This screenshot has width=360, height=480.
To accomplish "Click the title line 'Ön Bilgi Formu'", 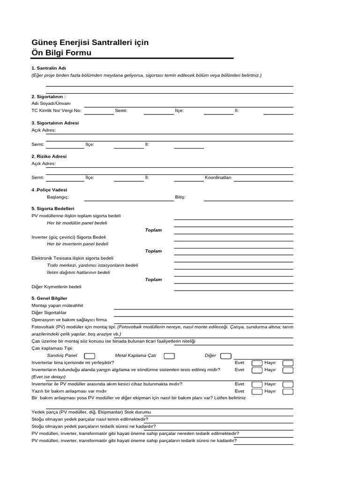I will [x=61, y=53].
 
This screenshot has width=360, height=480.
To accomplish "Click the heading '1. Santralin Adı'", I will [x=48, y=68].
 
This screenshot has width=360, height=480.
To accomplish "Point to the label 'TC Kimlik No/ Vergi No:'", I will [x=56, y=111].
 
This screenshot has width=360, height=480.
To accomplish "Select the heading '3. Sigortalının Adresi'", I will [x=55, y=123].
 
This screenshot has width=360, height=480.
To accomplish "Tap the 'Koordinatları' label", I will [x=218, y=178].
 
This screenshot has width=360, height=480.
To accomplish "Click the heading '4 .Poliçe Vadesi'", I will [x=49, y=190].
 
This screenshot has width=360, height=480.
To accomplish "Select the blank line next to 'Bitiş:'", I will [x=248, y=197].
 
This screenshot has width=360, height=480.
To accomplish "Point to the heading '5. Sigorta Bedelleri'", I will [x=53, y=208].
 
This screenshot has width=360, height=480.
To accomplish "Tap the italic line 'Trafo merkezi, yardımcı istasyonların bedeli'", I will [x=92, y=265].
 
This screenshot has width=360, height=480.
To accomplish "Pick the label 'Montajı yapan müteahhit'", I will [x=57, y=305].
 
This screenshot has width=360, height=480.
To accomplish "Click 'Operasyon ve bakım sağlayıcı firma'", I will [x=69, y=319].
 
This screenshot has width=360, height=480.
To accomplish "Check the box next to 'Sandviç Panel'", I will [x=90, y=356].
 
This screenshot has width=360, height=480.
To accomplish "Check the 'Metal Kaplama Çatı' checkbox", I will [x=170, y=356].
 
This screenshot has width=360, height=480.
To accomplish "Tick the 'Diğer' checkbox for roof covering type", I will [x=225, y=356].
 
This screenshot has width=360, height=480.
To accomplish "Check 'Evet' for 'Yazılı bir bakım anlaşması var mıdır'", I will [x=257, y=391].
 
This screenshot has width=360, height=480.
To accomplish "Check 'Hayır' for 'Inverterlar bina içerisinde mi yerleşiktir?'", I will [x=288, y=363].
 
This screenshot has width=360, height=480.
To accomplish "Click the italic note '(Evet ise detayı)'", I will [x=48, y=377].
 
